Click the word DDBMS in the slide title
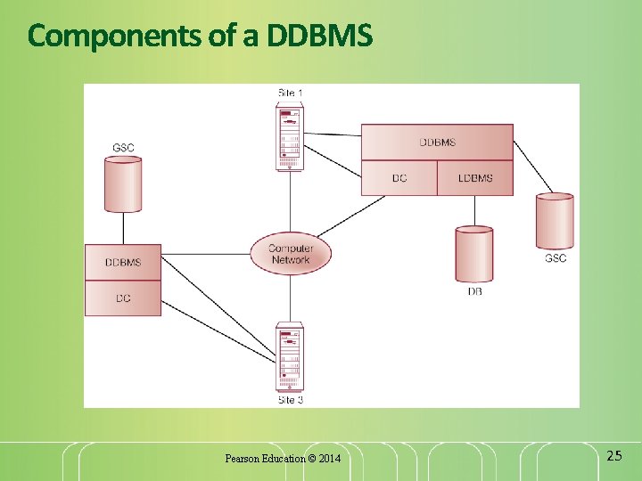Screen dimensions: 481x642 pos(320,37)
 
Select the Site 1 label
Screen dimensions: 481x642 pos(291,93)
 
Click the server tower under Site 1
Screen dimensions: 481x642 pos(289,136)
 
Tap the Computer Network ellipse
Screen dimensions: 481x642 pos(291,254)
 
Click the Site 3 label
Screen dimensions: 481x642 pos(291,400)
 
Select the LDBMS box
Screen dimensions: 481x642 pos(475,178)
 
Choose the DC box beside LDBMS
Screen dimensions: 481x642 pos(399,178)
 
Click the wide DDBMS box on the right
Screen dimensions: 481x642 pos(437,143)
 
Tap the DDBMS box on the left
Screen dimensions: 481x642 pos(123,263)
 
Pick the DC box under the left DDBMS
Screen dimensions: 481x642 pos(123,298)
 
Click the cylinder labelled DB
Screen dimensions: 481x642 pos(473,255)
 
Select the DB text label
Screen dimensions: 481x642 pos(474,291)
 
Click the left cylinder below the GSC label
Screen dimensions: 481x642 pos(123,183)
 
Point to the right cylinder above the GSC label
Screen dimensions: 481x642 pos(555,221)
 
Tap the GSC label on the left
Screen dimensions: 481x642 pos(123,147)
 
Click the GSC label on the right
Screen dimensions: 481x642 pos(555,258)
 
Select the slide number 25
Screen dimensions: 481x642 pos(613,456)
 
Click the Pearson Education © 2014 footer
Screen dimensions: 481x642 pos(282,459)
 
